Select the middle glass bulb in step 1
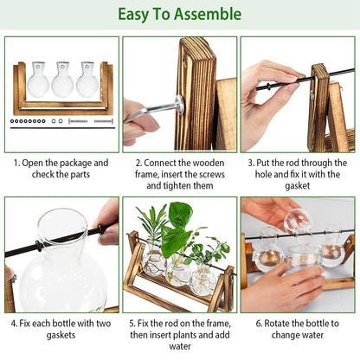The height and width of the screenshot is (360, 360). click(62, 84)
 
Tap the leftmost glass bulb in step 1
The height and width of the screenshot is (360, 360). click(37, 84)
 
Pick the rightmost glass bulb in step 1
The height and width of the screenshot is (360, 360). click(87, 84)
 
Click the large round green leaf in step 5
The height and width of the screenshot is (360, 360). click(180, 216)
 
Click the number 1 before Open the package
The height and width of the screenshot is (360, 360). click(15, 163)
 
